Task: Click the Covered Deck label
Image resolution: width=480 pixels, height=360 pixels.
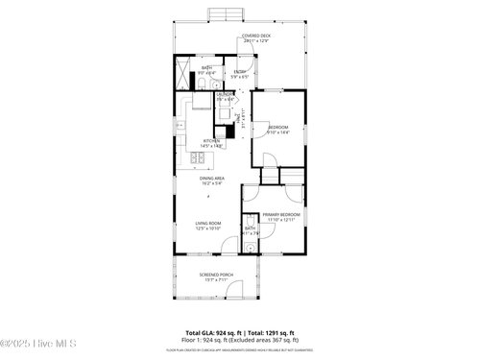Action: [x=256, y=36]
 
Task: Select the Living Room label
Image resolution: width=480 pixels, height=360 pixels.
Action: [x=208, y=223]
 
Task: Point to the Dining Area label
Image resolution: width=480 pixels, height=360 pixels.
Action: [x=212, y=178]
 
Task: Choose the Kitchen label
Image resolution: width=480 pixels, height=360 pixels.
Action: [x=212, y=141]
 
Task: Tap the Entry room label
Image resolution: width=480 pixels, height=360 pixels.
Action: [x=240, y=72]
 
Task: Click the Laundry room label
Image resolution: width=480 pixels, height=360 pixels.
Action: [x=224, y=95]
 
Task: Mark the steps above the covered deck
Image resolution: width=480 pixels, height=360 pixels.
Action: [x=224, y=13]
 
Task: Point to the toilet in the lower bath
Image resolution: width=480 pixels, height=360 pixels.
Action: [x=250, y=222]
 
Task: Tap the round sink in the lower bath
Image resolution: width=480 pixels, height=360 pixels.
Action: [x=250, y=248]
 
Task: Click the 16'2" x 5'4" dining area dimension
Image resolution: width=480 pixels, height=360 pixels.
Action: [x=212, y=182]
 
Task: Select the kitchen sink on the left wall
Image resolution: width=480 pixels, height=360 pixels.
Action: [x=180, y=125]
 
